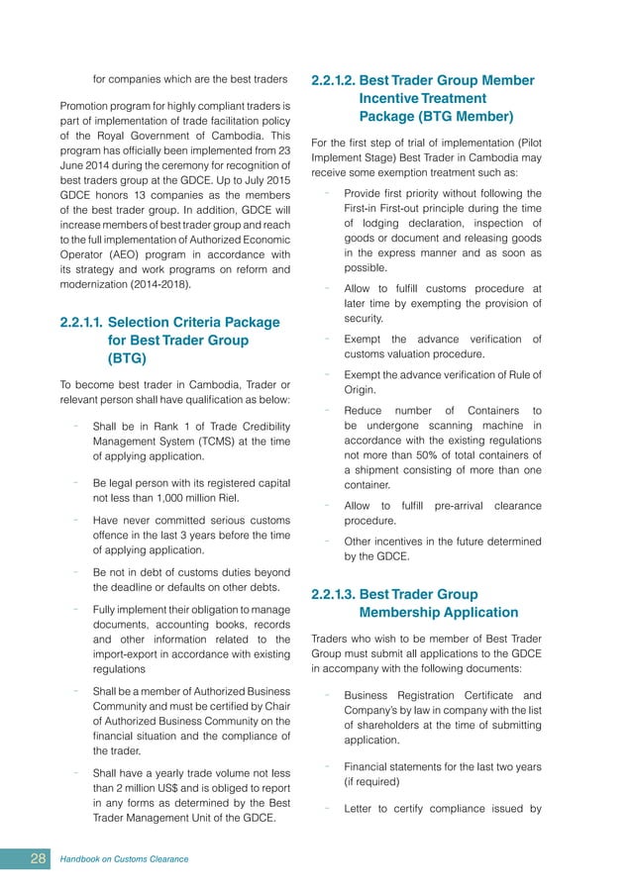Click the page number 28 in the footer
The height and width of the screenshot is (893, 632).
click(38, 858)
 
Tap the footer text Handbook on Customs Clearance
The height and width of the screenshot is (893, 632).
click(124, 858)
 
